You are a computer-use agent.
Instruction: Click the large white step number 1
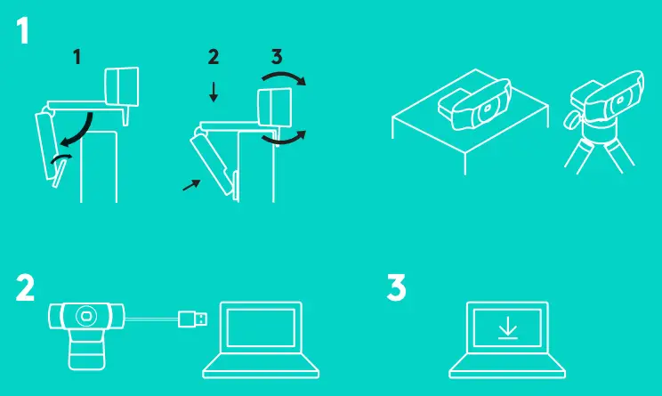(23, 30)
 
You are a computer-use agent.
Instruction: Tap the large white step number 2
(25, 288)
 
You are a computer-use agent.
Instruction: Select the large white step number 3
(396, 287)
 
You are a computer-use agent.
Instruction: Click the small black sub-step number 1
(77, 57)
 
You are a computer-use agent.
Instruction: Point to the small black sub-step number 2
(214, 57)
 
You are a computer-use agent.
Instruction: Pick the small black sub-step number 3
(277, 57)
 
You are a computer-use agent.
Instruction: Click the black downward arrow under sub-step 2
(214, 92)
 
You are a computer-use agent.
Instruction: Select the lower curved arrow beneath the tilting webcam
(285, 141)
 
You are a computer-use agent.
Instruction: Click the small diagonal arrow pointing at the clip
(191, 185)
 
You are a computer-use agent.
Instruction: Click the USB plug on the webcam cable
(193, 319)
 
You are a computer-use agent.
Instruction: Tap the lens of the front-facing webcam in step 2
(86, 316)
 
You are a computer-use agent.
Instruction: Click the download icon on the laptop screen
(508, 328)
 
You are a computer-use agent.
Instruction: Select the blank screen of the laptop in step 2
(261, 327)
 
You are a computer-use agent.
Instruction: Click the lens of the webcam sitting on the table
(488, 109)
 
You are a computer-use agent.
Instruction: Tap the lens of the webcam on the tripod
(620, 101)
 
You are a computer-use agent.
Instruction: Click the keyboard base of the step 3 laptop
(507, 366)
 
